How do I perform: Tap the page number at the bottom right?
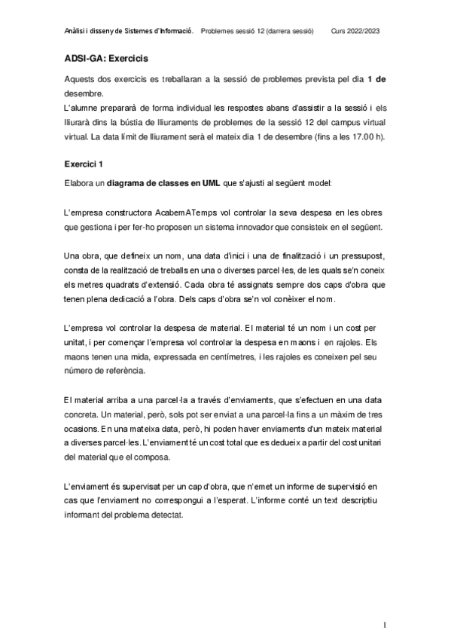(384, 625)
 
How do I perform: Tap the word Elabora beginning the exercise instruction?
(82, 182)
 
